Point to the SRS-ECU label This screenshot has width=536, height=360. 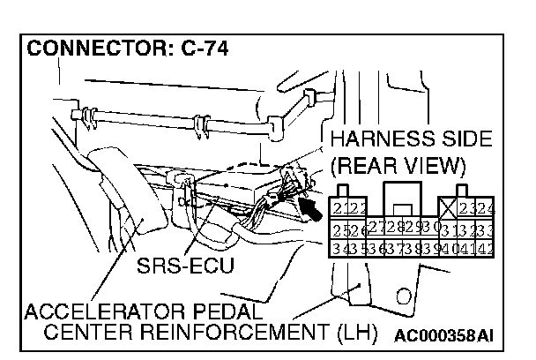(186, 266)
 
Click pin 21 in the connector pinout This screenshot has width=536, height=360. (338, 209)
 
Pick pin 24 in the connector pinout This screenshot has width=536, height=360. (486, 209)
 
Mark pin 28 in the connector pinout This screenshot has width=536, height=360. (391, 228)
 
